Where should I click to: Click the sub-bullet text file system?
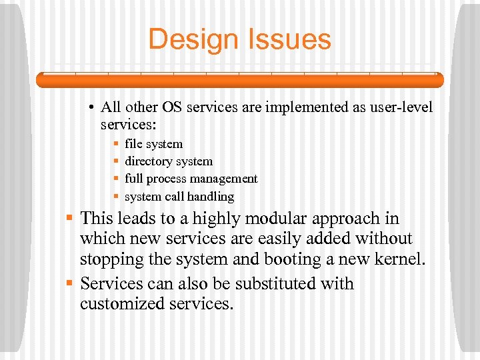(x=153, y=144)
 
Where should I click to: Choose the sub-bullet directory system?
(x=169, y=161)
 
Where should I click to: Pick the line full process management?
(x=191, y=179)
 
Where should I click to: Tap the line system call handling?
(x=179, y=197)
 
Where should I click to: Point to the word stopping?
(x=111, y=259)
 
